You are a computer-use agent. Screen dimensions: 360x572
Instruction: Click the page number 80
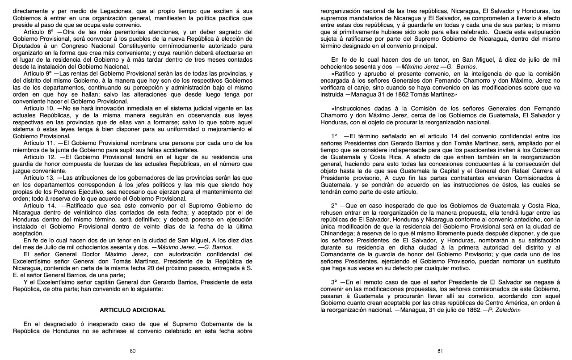pyautogui.click(x=133, y=351)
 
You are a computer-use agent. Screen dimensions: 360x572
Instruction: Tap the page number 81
pyautogui.click(x=440, y=351)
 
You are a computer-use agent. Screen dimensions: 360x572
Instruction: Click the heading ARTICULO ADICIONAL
pyautogui.click(x=132, y=310)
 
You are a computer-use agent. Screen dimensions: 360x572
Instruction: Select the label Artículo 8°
pyautogui.click(x=39, y=32)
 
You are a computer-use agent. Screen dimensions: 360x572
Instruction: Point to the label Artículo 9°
pyautogui.click(x=39, y=73)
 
